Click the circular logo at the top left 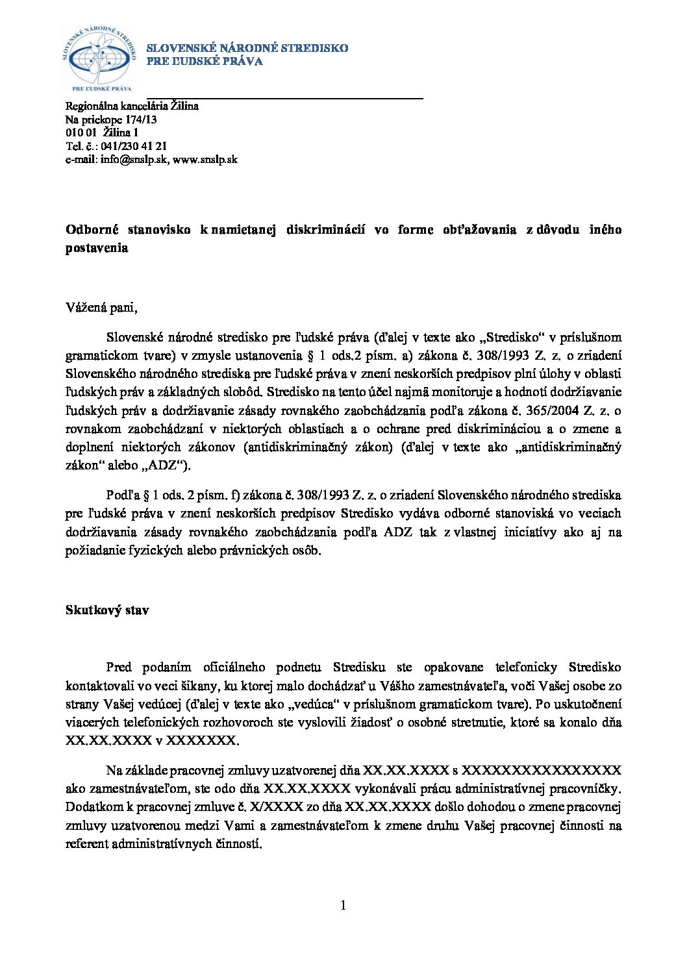click(99, 59)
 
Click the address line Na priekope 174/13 click(110, 119)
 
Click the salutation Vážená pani click(101, 308)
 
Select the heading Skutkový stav click(107, 610)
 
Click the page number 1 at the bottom click(343, 905)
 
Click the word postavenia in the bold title click(97, 248)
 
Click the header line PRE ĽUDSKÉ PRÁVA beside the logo click(205, 62)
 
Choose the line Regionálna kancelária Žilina click(132, 106)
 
